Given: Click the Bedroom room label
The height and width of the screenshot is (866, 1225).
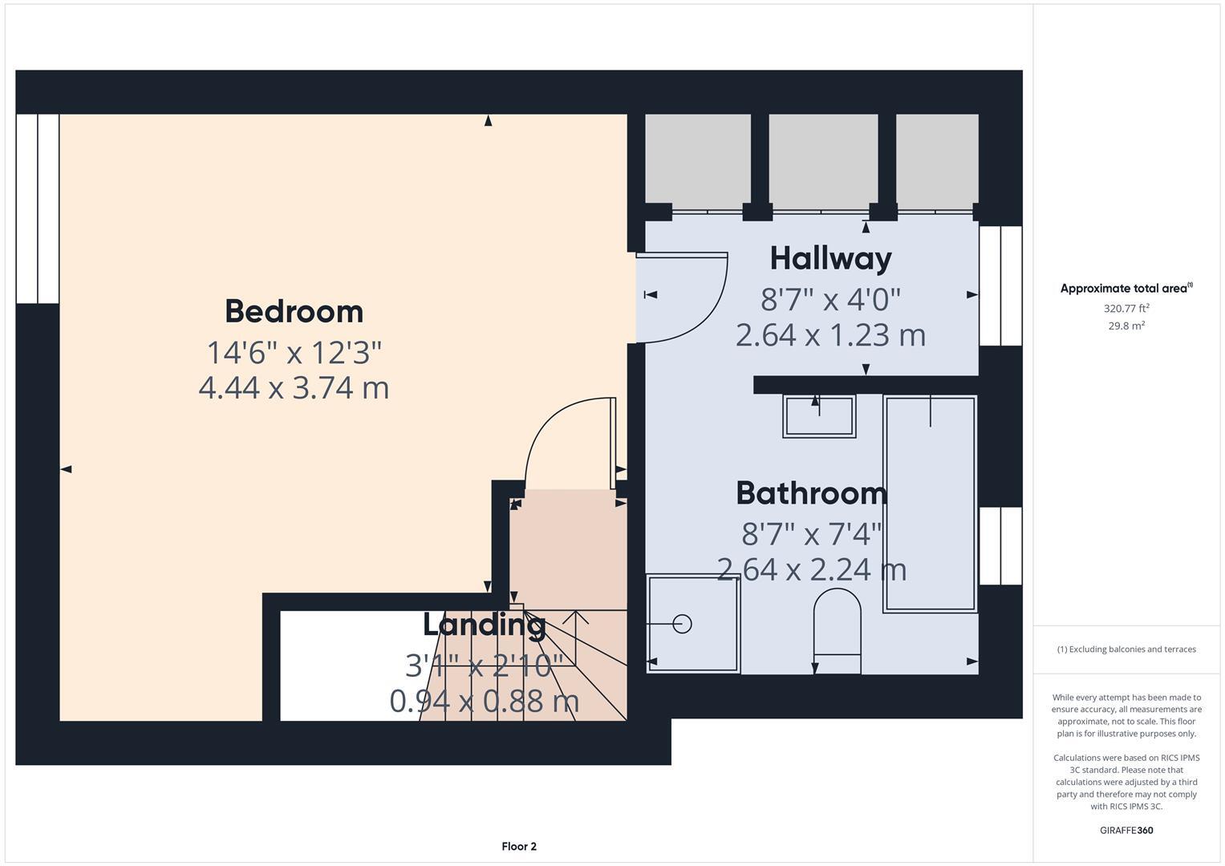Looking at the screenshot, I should tap(294, 311).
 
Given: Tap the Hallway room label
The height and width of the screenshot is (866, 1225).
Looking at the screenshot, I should tap(830, 258).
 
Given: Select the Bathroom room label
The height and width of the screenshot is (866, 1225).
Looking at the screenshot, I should tap(811, 493).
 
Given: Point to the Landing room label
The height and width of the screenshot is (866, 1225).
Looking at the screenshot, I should tap(485, 624).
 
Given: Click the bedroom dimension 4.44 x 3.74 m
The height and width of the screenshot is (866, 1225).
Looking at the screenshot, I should tap(294, 388).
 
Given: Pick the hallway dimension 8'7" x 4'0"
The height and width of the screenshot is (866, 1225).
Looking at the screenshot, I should tap(830, 299).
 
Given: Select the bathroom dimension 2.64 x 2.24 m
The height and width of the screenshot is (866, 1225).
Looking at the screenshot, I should tap(811, 569).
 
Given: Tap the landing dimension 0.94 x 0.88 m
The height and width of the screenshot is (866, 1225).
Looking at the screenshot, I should tap(485, 701).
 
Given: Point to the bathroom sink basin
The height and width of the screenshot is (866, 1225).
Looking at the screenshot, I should tap(819, 415).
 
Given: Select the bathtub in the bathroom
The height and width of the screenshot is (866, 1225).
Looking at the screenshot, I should tap(930, 504).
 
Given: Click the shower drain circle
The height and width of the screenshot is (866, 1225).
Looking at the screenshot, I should tap(682, 623).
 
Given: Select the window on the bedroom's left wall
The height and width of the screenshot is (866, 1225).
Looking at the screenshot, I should tap(38, 208).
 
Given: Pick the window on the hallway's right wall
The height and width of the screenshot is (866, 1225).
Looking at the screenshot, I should tap(1000, 285).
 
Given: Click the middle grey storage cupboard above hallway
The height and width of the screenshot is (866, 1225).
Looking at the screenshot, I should tap(823, 158).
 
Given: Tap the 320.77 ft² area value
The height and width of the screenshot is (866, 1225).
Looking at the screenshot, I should tap(1126, 308).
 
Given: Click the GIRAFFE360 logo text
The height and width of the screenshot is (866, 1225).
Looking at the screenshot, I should tap(1126, 830).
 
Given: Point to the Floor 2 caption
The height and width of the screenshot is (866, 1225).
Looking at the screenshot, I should tap(519, 846).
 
